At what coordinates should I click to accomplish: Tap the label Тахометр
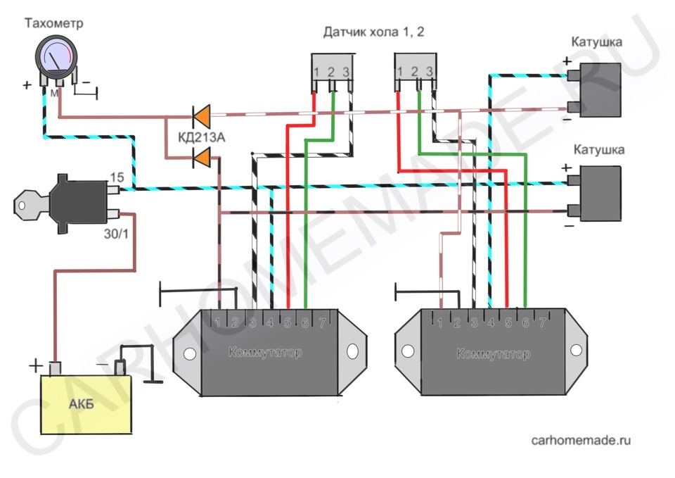pyautogui.click(x=54, y=23)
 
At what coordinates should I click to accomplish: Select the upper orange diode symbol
pyautogui.click(x=202, y=116)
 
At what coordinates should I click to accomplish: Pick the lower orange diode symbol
pyautogui.click(x=202, y=157)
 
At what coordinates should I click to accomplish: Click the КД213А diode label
pyautogui.click(x=202, y=138)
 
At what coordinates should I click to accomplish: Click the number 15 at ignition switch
pyautogui.click(x=117, y=177)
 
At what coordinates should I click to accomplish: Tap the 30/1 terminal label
pyautogui.click(x=116, y=234)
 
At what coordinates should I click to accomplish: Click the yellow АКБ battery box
pyautogui.click(x=86, y=404)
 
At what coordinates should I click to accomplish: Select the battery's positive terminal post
pyautogui.click(x=55, y=368)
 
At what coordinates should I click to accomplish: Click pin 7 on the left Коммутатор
pyautogui.click(x=322, y=322)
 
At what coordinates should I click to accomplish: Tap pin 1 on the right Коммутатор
pyautogui.click(x=440, y=322)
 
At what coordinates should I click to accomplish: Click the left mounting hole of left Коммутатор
pyautogui.click(x=190, y=354)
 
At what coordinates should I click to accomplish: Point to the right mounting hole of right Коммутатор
pyautogui.click(x=576, y=350)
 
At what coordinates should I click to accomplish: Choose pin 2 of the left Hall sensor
pyautogui.click(x=331, y=72)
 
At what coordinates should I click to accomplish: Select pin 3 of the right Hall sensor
pyautogui.click(x=429, y=71)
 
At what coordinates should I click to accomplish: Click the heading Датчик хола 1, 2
pyautogui.click(x=373, y=32)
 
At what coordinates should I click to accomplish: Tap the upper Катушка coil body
pyautogui.click(x=600, y=89)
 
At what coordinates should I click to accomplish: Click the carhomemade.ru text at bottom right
pyautogui.click(x=581, y=440)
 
